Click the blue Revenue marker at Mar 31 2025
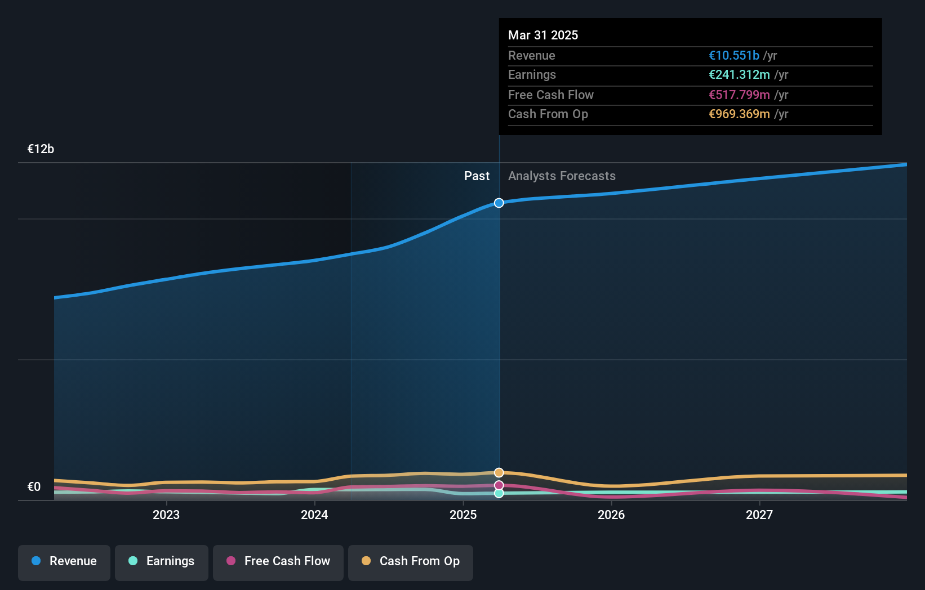[499, 203]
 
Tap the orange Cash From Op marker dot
[499, 472]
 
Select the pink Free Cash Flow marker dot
[499, 485]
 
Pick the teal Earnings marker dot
[499, 493]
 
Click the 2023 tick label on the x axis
[166, 515]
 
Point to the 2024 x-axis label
[314, 515]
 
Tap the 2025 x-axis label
[463, 515]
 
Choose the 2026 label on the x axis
[611, 515]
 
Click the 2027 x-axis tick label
[759, 515]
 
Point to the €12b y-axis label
[41, 149]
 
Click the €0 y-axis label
[34, 486]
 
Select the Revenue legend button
[64, 562]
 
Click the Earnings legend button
[162, 562]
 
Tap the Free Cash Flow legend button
[278, 562]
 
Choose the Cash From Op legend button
[411, 562]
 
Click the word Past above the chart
[477, 176]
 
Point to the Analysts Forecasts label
[562, 176]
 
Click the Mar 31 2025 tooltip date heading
[543, 35]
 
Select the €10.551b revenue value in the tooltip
[734, 55]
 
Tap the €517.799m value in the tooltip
[739, 95]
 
